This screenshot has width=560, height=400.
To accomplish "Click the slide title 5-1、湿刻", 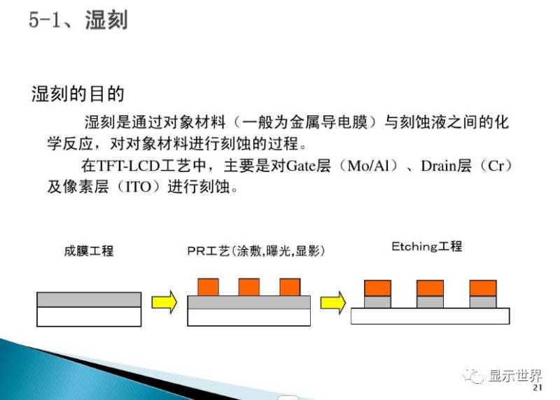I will pos(78,20).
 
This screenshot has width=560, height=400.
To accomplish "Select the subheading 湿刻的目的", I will pos(78,94).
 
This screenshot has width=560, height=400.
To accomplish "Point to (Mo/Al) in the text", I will pos(363,167).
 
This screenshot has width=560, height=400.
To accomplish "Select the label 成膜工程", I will pos(85,250).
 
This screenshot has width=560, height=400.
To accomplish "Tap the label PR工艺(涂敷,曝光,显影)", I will pos(256,250).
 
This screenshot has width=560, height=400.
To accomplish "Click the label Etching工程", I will pos(426,247).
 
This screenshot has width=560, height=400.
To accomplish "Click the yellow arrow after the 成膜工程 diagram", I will pos(165,301).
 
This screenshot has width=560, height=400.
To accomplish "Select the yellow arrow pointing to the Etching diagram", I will pos(333,301).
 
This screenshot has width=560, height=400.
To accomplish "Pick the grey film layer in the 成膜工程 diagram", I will pos(89,299).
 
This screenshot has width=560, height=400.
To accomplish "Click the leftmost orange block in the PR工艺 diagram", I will pos(209,287).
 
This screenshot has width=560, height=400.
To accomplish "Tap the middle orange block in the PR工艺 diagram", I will pos(248,287).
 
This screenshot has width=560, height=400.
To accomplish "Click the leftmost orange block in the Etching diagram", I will pos(378,287).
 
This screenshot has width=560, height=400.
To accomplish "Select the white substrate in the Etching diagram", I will pos(430,316).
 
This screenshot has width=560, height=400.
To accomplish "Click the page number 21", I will pos(538,390).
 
